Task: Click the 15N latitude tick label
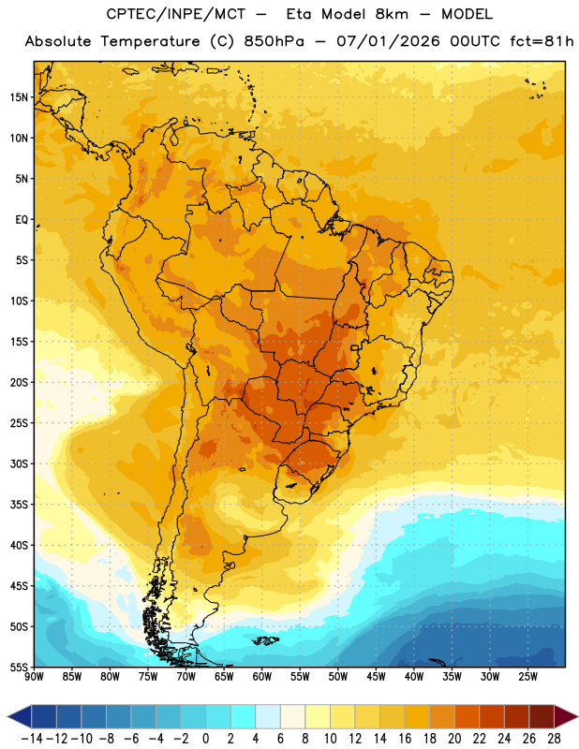click(19, 97)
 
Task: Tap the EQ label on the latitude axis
click(22, 220)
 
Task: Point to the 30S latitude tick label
click(19, 463)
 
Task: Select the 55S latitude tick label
click(19, 667)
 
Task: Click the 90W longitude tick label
click(34, 677)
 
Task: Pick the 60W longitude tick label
click(262, 677)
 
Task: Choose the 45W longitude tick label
click(376, 677)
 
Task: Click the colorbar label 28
click(554, 739)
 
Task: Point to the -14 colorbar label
click(33, 739)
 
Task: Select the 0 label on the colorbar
click(205, 739)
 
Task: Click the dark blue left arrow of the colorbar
click(19, 716)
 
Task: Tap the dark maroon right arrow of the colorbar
click(566, 716)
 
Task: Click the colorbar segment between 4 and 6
click(268, 716)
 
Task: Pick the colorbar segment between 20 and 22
click(468, 716)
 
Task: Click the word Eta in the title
click(300, 14)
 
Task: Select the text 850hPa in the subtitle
click(274, 42)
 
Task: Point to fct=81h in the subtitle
click(542, 41)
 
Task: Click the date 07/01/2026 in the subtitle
click(388, 42)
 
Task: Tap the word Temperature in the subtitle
click(150, 42)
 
